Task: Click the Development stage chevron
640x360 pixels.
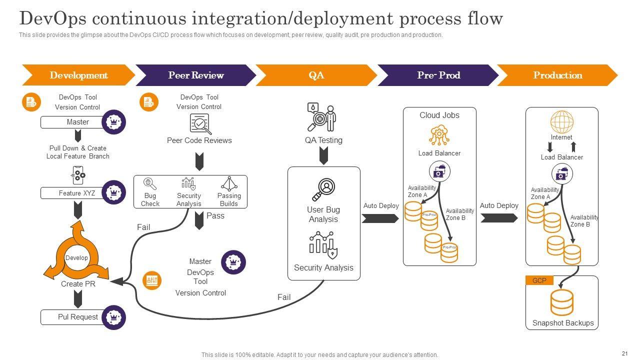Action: (78, 75)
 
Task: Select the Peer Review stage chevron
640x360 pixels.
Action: (195, 75)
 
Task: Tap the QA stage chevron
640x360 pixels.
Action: (316, 75)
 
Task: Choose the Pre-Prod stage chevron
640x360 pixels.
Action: (438, 75)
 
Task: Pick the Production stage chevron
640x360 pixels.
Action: (557, 75)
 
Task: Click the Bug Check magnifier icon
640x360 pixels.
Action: (150, 183)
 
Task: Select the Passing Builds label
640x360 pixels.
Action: (229, 199)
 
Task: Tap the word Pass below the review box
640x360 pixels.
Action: (215, 216)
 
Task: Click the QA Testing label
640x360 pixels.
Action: (323, 140)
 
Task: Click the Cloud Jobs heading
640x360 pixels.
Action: (439, 115)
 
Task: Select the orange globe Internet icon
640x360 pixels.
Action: (561, 122)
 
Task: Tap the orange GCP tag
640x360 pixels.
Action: (539, 280)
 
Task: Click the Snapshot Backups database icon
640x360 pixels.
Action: (561, 302)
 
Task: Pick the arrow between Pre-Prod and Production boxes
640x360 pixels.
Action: (499, 218)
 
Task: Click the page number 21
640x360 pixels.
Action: (624, 352)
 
